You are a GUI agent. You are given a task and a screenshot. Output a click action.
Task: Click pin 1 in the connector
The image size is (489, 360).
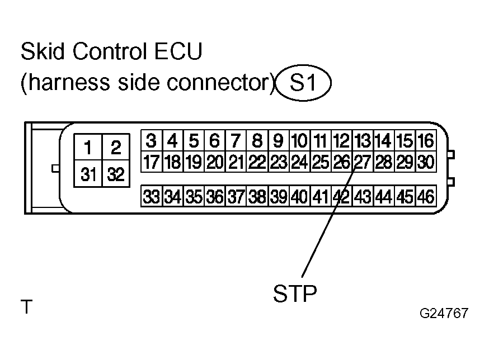[88, 147]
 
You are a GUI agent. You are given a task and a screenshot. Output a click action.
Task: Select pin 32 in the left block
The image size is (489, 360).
[116, 174]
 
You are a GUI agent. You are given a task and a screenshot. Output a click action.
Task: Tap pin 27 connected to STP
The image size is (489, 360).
[363, 162]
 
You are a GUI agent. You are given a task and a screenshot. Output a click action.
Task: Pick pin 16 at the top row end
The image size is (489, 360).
[426, 140]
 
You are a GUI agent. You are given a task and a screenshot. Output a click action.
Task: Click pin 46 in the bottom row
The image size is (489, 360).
[426, 196]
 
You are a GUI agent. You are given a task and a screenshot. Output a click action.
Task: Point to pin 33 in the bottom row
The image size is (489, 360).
[152, 196]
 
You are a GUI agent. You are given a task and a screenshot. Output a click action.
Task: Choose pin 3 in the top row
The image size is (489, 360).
[152, 140]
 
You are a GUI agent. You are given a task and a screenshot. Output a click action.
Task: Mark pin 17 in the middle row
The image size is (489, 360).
[152, 162]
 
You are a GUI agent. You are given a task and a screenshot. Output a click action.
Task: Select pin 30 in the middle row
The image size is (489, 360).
[426, 162]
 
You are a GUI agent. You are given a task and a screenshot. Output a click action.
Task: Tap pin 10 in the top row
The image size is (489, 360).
[300, 140]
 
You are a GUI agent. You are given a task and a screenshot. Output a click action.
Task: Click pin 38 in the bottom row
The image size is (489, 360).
[257, 196]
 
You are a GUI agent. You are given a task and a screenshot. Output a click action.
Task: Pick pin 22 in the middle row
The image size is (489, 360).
[257, 162]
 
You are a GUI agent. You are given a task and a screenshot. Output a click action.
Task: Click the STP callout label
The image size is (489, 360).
[295, 293]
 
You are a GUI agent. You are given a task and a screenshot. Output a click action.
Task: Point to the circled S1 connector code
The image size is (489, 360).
[303, 83]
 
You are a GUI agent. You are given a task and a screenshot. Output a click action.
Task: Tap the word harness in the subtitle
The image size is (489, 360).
[69, 82]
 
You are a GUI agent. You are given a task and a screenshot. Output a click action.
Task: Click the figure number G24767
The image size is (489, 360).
[444, 313]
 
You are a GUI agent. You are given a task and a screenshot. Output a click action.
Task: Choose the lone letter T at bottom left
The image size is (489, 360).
[26, 307]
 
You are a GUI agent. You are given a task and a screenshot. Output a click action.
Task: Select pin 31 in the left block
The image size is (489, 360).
[88, 174]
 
